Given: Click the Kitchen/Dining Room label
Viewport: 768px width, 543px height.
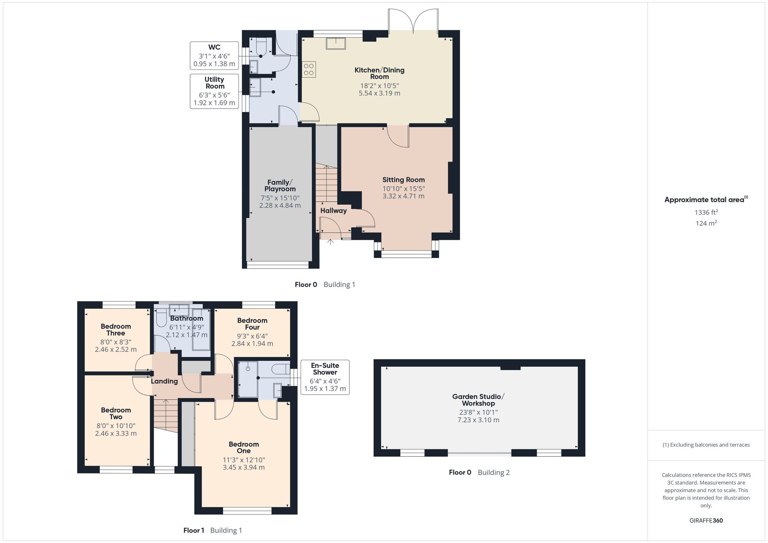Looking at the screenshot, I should [379, 73].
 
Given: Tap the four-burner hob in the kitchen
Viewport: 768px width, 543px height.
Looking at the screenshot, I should [309, 70].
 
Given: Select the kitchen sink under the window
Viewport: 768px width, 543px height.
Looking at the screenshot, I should [336, 43].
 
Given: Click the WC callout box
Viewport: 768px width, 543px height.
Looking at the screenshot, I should [214, 55].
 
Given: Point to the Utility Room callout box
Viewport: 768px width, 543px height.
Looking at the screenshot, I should [214, 91].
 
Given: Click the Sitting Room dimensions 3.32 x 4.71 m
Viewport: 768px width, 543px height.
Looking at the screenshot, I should [403, 196].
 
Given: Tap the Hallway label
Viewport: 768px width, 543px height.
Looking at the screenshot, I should [333, 210].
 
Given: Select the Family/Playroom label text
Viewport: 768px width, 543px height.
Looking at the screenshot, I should [280, 185].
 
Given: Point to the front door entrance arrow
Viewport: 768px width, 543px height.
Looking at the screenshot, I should [330, 242].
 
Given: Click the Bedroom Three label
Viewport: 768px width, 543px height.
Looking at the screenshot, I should [116, 329].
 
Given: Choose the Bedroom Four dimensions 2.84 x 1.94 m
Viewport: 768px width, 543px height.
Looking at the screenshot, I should [252, 344].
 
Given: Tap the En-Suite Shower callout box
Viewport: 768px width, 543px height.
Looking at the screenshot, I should [325, 377].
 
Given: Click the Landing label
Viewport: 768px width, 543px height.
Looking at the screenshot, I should [164, 381].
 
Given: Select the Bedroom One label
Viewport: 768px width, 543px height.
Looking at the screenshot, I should [243, 447].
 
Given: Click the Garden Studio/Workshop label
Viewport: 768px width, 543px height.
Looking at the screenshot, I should [478, 400].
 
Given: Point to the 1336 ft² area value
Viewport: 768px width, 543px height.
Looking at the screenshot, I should [706, 212].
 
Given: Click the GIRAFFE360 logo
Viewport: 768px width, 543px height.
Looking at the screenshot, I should [706, 521].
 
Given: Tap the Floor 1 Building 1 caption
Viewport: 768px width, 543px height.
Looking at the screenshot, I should [212, 530].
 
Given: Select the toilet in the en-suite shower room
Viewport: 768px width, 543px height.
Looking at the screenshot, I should [280, 369].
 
